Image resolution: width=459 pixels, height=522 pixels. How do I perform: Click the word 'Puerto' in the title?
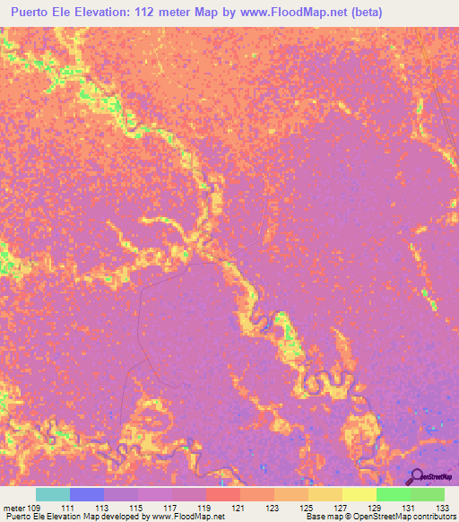(33, 12)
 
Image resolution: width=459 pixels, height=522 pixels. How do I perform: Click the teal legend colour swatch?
(52, 494)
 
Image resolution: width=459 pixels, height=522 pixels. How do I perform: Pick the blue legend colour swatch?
(86, 494)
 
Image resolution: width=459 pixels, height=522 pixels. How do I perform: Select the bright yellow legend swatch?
(359, 494)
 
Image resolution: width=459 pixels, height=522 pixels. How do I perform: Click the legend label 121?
(239, 508)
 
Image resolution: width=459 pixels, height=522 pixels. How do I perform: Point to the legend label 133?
(444, 508)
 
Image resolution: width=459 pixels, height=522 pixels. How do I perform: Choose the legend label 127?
(342, 508)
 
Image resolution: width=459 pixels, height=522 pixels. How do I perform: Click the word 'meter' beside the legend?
(13, 508)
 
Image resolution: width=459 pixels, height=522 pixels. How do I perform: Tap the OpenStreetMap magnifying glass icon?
(415, 476)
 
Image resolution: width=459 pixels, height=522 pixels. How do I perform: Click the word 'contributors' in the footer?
(435, 517)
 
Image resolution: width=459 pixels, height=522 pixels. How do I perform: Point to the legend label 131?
(410, 508)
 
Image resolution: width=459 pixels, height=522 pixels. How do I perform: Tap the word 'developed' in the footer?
(126, 517)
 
